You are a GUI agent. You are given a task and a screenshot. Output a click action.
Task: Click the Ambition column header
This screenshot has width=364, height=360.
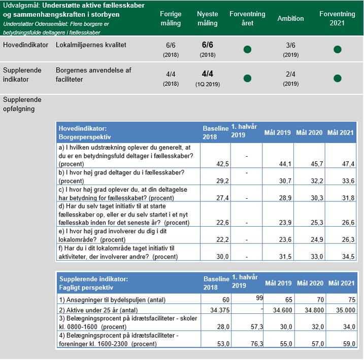pyautogui.click(x=290, y=19)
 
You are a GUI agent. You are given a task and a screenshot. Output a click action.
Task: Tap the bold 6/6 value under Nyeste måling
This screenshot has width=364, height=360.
pyautogui.click(x=207, y=45)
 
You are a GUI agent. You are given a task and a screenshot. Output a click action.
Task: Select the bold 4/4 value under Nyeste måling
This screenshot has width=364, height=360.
pyautogui.click(x=207, y=75)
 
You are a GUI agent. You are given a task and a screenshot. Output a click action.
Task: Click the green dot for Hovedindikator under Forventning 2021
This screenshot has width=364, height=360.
pyautogui.click(x=337, y=50)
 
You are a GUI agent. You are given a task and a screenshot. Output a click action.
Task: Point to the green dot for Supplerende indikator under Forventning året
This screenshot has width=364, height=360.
pyautogui.click(x=247, y=79)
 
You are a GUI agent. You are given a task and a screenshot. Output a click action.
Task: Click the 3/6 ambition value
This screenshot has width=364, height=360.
pyautogui.click(x=290, y=45)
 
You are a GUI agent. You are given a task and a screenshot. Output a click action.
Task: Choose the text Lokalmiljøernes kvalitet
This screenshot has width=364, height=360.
pyautogui.click(x=91, y=45)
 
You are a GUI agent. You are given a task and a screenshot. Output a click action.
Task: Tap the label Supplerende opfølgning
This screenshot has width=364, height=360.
pyautogui.click(x=22, y=104)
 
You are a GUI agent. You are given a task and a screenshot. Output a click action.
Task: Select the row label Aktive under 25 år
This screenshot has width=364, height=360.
pyautogui.click(x=99, y=309)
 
